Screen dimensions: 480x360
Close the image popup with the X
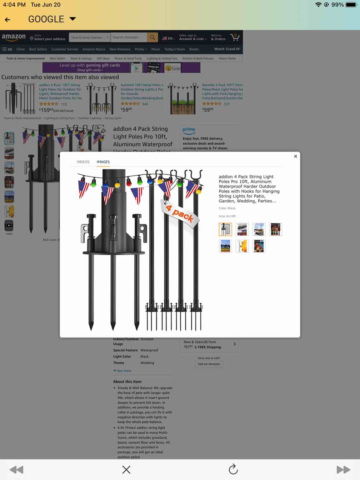click(x=295, y=156)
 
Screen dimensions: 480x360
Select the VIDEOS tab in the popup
click(x=83, y=162)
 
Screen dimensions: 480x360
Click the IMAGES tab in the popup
click(x=103, y=162)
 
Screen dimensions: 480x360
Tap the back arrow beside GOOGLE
click(x=7, y=20)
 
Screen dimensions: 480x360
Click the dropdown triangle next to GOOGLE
click(x=72, y=19)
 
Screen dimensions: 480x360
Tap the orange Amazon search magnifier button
click(x=152, y=37)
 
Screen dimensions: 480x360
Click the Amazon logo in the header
click(x=14, y=37)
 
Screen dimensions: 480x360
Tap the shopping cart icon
click(x=235, y=37)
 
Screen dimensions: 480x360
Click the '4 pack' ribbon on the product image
click(x=180, y=214)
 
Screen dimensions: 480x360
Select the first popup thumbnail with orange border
click(x=225, y=229)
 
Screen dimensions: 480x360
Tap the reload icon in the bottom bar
click(x=233, y=469)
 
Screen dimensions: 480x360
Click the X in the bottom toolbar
click(x=126, y=469)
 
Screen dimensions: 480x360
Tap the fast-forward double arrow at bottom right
click(x=343, y=469)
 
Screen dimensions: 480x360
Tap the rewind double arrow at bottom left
click(x=17, y=469)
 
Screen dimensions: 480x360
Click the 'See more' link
click(x=122, y=371)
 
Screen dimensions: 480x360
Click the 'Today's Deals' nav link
click(x=175, y=49)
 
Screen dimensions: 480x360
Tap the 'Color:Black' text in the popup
click(x=227, y=208)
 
